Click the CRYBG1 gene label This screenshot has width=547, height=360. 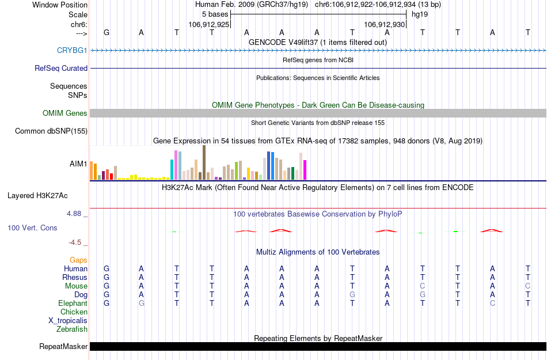(x=72, y=50)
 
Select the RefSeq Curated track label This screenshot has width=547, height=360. (x=61, y=68)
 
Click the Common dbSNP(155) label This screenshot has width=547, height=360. (x=51, y=131)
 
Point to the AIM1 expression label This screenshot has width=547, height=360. (x=78, y=164)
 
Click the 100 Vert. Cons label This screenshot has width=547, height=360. (x=32, y=228)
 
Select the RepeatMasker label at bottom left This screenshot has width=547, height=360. (x=63, y=346)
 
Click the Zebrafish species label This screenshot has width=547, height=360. (x=72, y=329)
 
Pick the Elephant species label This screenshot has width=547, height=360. (x=73, y=303)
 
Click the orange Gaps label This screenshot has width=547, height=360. (x=78, y=260)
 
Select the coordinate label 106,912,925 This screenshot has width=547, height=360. (x=209, y=24)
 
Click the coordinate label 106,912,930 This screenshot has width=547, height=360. (x=385, y=24)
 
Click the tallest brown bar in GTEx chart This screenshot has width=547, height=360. (x=204, y=162)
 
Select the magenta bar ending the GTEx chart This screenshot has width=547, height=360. (x=305, y=170)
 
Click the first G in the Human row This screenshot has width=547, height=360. (x=107, y=268)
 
